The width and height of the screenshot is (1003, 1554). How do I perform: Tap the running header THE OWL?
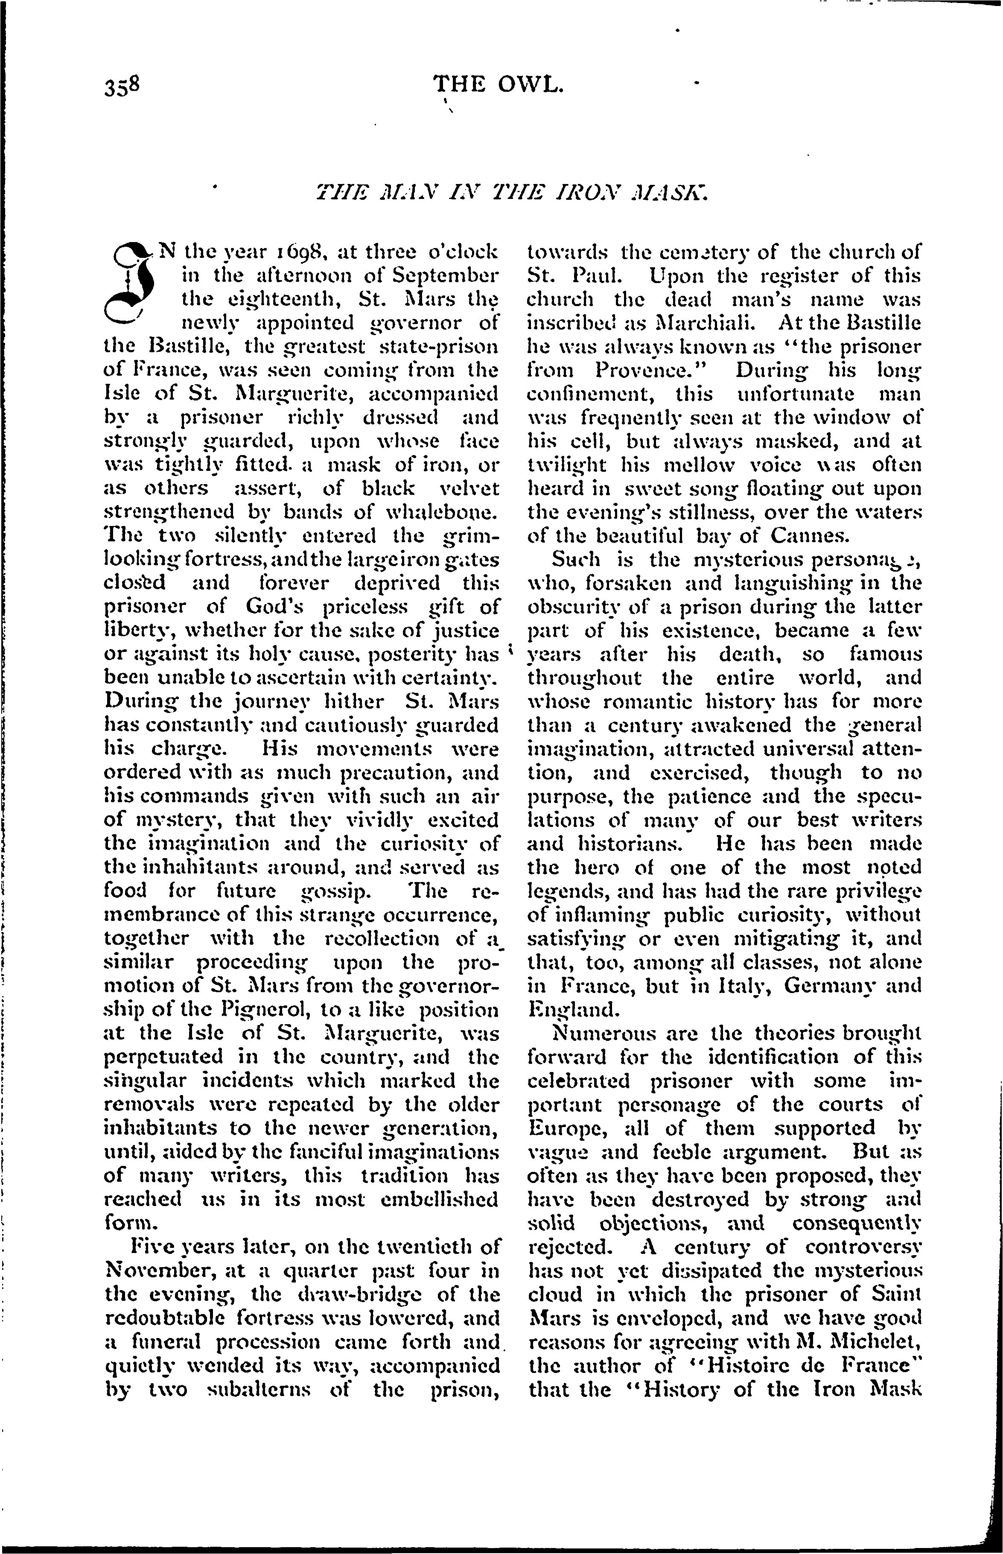click(498, 84)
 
